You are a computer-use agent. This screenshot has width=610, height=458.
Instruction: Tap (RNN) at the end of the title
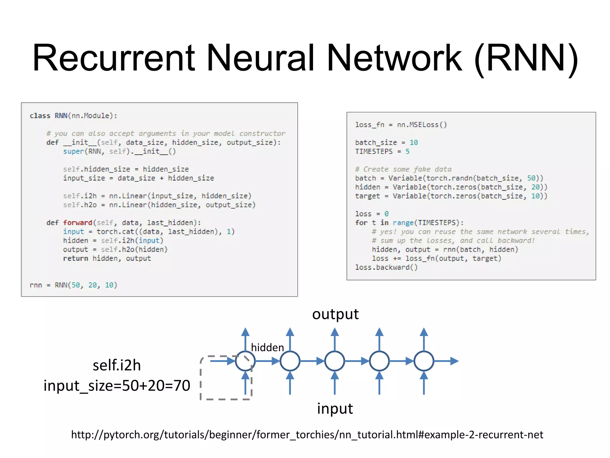526,58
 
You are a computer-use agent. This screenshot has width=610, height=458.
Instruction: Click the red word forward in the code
77,223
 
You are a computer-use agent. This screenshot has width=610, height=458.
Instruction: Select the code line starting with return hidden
107,259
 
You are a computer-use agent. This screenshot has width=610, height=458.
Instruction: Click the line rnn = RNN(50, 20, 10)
73,285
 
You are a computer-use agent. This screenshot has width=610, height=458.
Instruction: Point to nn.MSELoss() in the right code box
422,125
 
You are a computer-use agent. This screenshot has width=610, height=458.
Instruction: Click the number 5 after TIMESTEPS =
407,151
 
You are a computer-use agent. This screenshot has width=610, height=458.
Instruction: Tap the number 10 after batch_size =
413,143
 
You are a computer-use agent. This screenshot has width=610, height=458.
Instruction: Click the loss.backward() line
386,267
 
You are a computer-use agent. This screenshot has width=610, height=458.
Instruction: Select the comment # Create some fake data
403,169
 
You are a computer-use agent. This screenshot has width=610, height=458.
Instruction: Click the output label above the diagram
335,314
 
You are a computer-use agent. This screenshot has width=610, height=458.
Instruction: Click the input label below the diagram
335,409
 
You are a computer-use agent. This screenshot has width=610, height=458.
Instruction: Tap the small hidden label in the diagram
267,348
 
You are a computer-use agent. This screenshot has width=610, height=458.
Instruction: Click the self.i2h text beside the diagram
117,365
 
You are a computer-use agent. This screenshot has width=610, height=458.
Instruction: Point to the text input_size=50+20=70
117,386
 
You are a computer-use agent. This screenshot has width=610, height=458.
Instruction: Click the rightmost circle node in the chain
424,361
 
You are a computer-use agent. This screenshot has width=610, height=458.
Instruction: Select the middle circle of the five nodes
334,361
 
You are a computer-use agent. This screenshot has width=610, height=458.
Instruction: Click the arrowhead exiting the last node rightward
454,361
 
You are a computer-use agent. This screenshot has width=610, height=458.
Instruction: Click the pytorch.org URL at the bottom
307,435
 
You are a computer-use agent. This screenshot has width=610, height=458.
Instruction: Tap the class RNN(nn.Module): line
73,116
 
